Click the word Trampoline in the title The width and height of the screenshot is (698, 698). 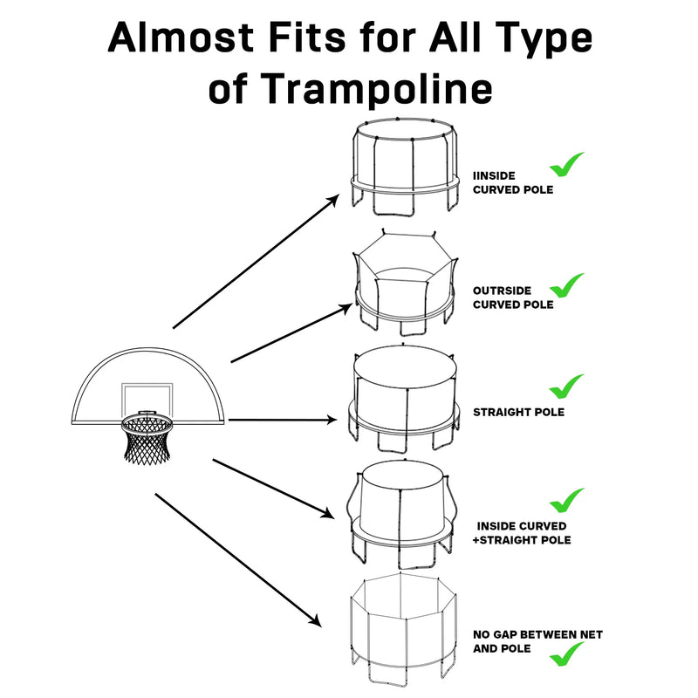376,89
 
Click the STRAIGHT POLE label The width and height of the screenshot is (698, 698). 517,412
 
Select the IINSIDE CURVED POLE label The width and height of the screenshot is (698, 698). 512,182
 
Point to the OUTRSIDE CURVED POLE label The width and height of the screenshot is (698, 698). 512,298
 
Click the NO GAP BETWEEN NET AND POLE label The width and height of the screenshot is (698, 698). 537,641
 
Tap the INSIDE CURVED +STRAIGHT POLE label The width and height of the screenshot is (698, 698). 523,533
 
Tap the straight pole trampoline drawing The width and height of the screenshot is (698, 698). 405,401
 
